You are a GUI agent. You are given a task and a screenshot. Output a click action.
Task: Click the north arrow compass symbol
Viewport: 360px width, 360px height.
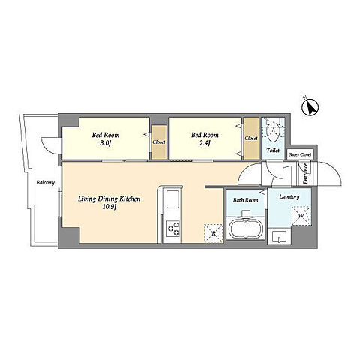(310, 107)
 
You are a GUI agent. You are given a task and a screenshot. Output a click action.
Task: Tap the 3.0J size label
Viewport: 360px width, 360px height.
(106, 144)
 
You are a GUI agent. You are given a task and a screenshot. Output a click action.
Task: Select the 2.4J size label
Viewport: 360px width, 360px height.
(205, 144)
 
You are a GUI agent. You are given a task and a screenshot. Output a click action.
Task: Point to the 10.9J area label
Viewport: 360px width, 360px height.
(109, 207)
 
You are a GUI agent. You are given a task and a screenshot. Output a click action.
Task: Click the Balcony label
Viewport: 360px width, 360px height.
(46, 183)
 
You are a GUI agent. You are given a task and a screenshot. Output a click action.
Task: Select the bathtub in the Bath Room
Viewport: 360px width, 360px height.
(246, 229)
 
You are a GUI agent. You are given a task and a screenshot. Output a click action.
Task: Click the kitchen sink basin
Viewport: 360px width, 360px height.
(172, 199)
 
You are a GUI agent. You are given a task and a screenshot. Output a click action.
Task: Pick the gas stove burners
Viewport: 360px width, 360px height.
(173, 229)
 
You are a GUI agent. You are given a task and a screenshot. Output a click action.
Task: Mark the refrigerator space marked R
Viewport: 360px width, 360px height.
(214, 233)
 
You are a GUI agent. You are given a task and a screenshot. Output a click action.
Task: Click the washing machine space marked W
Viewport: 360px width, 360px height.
(301, 216)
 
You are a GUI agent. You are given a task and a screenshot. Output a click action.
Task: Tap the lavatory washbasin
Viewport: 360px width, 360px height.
(279, 237)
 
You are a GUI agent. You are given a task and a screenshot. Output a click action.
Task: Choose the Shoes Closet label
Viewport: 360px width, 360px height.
(300, 155)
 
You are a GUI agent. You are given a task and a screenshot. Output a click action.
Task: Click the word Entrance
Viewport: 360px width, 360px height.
(305, 174)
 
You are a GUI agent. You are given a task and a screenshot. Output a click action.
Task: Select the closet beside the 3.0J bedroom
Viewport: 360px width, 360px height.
(159, 142)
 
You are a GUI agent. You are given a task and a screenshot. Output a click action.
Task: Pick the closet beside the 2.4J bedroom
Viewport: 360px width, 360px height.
(251, 139)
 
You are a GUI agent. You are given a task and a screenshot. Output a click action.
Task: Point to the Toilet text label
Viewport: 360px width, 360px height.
(273, 151)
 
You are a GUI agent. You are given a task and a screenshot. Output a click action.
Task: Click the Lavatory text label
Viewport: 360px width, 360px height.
(289, 197)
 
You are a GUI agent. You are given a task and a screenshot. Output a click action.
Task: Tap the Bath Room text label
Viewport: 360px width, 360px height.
(246, 200)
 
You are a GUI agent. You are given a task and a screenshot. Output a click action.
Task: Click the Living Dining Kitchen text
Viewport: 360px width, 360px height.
(109, 199)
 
